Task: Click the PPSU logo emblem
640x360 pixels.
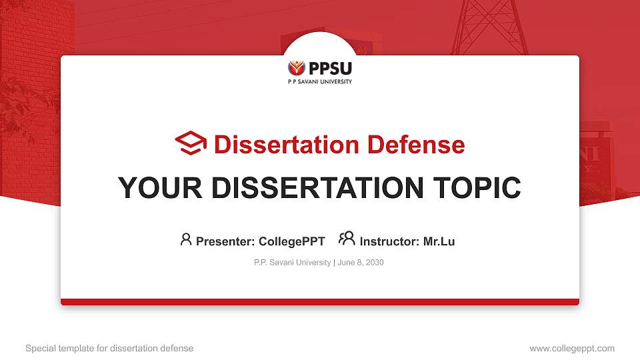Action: [297, 68]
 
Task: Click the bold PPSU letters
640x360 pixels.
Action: [329, 67]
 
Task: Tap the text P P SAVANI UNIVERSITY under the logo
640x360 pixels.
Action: [320, 82]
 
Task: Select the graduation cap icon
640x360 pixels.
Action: [191, 143]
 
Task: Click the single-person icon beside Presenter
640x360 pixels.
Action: [186, 239]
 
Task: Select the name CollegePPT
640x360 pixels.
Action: [291, 241]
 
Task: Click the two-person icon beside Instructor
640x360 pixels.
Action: [347, 239]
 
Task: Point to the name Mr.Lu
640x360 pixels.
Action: [439, 241]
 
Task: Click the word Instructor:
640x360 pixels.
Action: [389, 241]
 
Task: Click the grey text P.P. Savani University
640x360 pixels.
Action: [292, 263]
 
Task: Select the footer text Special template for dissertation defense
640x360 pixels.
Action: [109, 348]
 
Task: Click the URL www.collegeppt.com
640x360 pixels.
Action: [572, 348]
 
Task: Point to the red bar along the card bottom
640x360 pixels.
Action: [320, 302]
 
